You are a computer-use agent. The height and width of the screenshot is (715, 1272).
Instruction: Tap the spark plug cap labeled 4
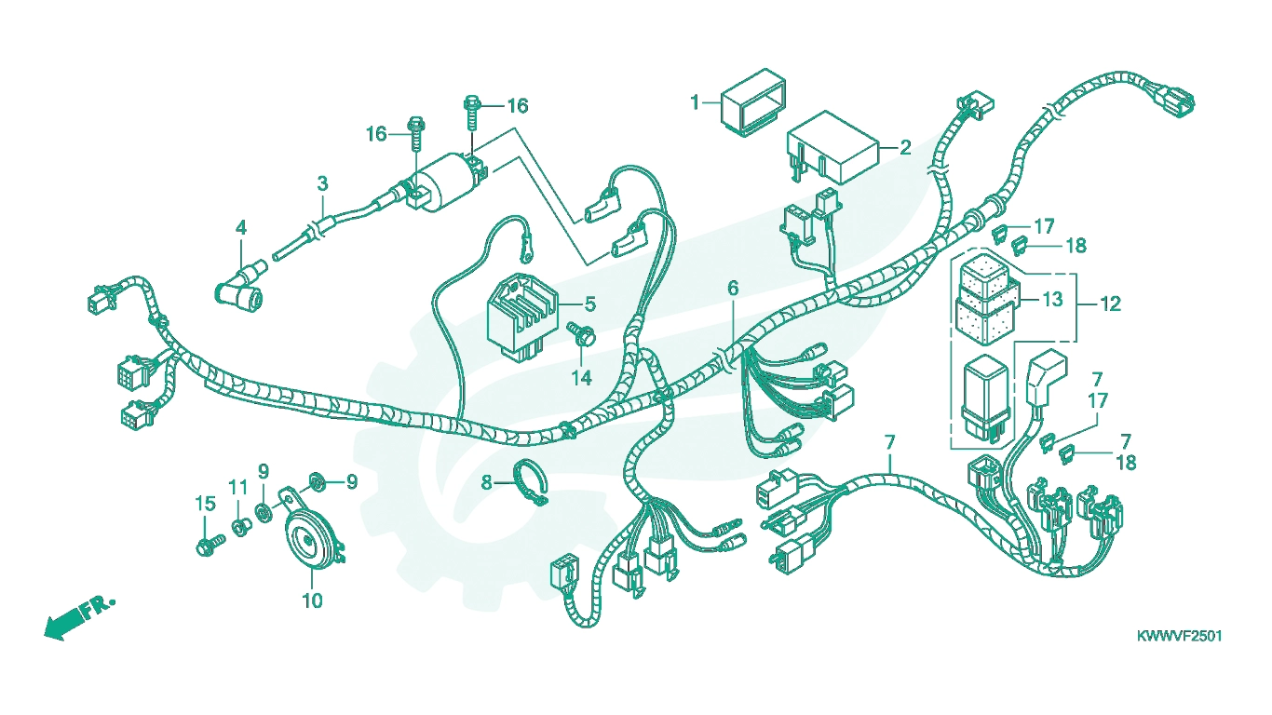coord(240,288)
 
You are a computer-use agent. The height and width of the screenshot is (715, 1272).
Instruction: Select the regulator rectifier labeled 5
coord(522,318)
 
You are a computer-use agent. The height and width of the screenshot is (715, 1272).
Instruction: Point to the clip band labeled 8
coord(532,482)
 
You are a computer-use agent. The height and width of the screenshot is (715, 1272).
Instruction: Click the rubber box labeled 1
coord(753,103)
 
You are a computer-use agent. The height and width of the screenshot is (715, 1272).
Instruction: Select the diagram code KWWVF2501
coord(1179,636)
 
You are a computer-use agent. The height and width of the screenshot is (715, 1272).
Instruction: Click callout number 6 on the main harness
coord(733,289)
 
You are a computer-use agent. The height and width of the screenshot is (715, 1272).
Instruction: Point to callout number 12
coord(1111,304)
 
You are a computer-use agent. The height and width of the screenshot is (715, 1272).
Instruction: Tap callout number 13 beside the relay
coord(1052,299)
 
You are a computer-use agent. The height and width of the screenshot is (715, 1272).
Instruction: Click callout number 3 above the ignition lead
coord(322,183)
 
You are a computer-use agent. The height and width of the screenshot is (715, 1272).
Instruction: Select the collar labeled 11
coord(241,526)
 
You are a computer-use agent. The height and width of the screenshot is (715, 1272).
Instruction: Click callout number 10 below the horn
coord(312,600)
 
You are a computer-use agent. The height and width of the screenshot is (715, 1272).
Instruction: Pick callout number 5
coord(590,304)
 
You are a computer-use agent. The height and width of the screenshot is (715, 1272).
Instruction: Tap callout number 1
coord(695,102)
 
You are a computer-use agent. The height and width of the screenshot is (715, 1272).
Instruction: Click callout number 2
coord(905,148)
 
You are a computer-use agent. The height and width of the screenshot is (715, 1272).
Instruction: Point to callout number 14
coord(581,378)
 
